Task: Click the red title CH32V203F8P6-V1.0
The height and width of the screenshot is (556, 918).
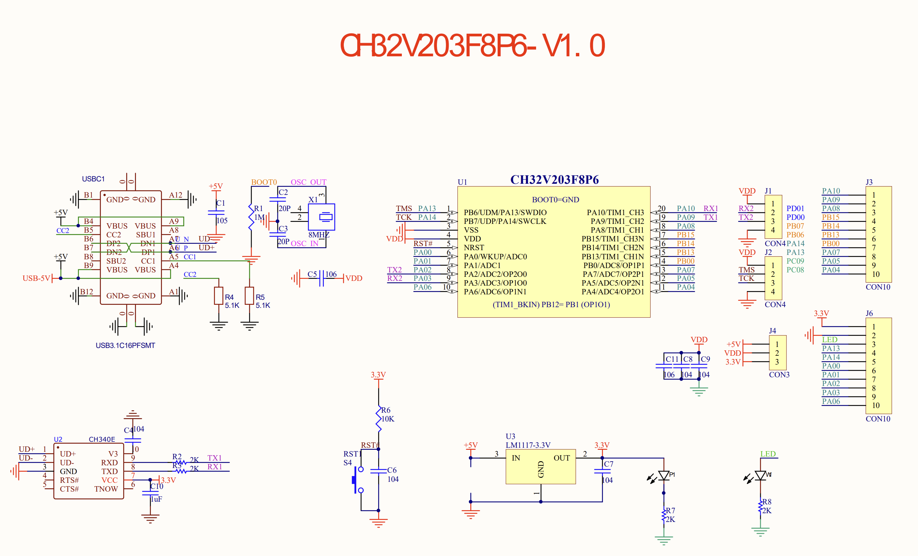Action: [472, 46]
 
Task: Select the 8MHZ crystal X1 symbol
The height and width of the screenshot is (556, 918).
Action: [321, 217]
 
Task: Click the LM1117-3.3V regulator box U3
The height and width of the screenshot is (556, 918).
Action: [540, 466]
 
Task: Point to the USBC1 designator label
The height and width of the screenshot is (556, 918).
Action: [93, 179]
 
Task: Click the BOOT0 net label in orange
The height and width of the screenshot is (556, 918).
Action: [264, 182]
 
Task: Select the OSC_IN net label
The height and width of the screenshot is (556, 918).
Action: [304, 243]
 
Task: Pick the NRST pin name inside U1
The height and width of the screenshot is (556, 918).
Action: [474, 247]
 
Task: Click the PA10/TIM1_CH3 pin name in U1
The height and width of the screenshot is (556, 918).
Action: [615, 213]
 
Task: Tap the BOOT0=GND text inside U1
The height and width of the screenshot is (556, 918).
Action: [555, 200]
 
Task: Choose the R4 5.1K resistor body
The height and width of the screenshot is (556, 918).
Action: [219, 296]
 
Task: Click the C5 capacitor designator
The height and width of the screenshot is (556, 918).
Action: [312, 274]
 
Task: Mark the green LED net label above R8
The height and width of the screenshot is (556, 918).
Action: [768, 453]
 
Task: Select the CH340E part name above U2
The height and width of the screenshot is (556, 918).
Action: [102, 439]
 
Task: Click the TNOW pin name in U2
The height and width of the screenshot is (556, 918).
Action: [106, 489]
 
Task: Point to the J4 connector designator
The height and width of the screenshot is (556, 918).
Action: [772, 331]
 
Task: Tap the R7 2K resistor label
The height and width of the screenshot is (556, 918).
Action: [670, 515]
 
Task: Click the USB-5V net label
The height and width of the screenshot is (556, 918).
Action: [36, 278]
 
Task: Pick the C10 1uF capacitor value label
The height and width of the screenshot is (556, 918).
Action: [157, 499]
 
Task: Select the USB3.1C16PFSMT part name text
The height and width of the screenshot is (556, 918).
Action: [125, 345]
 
